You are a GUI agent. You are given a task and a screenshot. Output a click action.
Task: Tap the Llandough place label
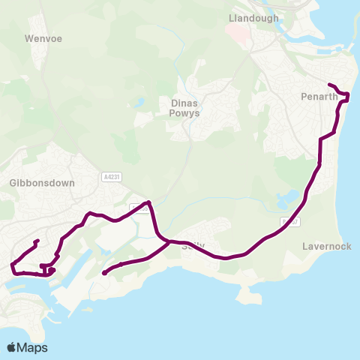[x=253, y=18]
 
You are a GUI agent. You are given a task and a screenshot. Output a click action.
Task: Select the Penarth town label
[x=319, y=97]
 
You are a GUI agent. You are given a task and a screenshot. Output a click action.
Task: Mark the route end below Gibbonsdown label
[x=37, y=241]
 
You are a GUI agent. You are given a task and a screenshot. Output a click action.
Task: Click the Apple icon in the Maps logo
[x=11, y=347]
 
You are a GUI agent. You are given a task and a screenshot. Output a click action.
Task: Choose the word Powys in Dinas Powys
[x=184, y=116]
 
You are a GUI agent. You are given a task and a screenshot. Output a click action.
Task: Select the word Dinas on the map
[x=184, y=104]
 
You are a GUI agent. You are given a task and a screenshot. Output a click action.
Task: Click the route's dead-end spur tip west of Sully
[x=103, y=273]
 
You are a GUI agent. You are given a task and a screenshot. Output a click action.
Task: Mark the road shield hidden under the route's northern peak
[x=139, y=206]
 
